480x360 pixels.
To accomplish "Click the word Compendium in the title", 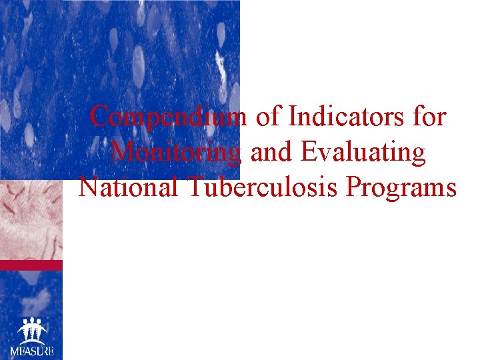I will pos(169,117).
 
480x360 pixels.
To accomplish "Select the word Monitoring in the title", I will pos(175,153).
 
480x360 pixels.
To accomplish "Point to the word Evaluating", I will pos(363,153).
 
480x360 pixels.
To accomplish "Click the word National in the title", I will pos(128,187).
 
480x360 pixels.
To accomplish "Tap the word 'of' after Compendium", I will pos(269,117).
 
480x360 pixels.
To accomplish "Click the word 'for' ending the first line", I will pos(430,117).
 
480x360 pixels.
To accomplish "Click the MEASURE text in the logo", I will pos(31,351).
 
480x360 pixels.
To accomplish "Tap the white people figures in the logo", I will pos(31,330).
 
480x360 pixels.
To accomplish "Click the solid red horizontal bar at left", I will pos(31,265).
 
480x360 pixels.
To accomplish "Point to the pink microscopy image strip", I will pos(31,220).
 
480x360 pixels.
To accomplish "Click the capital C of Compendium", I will pos(99,117).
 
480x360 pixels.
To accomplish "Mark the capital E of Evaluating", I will pos(309,153).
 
